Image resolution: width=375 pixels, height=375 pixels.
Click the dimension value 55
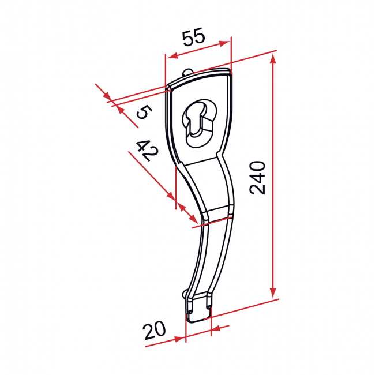point(194,38)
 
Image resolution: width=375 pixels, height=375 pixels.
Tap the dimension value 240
point(258,178)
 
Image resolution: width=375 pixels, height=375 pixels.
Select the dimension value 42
point(147,151)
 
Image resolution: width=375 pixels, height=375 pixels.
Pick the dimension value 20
point(155,331)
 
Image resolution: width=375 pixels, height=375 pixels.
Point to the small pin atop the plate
point(190,72)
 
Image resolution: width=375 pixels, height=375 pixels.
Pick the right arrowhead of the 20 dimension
point(217,329)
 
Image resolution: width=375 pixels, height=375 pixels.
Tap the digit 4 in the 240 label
point(258,177)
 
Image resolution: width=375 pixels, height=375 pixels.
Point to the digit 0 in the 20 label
point(160,330)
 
